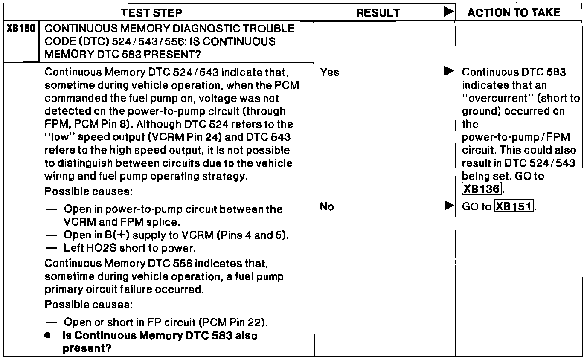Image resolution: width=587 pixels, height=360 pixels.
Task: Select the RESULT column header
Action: tap(378, 13)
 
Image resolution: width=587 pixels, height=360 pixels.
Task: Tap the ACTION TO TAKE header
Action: tap(514, 13)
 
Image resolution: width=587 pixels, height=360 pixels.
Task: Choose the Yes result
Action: tap(329, 73)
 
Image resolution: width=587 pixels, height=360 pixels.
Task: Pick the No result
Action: tap(328, 207)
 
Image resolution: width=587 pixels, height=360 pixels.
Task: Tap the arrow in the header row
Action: tap(448, 12)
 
